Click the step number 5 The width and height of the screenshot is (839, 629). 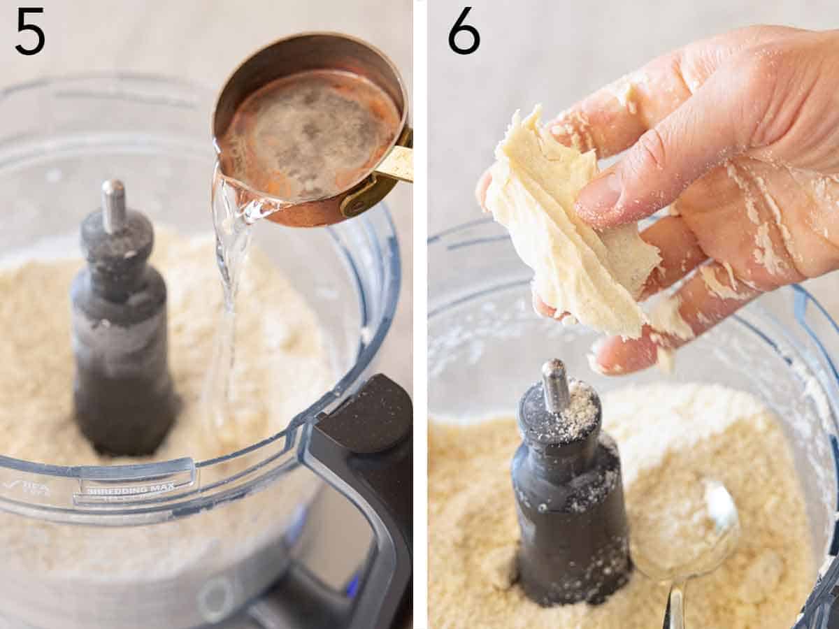pos(30,31)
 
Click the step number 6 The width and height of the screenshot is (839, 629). pos(464,31)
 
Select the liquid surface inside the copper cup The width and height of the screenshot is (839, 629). pos(308,133)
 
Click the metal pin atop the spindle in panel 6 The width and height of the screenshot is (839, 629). pos(556,384)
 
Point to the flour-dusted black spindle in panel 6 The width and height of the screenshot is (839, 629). pos(570,503)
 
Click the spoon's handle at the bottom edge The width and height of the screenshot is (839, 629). pos(675,608)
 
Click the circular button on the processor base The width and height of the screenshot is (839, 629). pos(217,598)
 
